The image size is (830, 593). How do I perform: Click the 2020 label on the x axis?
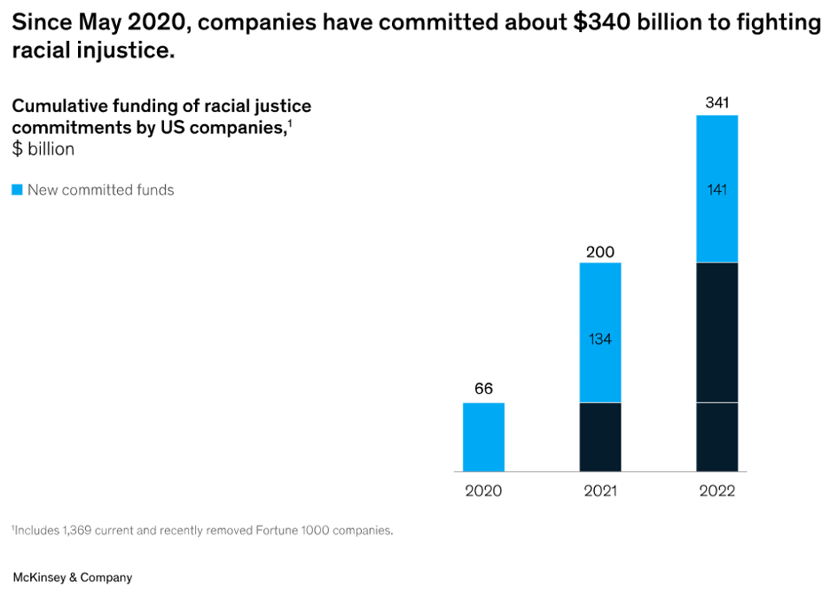(x=483, y=491)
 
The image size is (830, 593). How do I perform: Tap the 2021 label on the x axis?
(x=600, y=491)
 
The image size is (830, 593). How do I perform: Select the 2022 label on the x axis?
(x=716, y=491)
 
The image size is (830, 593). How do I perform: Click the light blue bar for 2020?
(x=483, y=437)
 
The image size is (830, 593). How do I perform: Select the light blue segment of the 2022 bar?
(x=716, y=160)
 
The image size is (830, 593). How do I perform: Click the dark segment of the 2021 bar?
(x=600, y=437)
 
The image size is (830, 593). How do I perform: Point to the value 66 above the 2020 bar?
(x=483, y=389)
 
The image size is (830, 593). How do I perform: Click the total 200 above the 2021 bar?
(x=600, y=253)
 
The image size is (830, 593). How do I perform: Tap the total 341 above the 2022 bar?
(x=716, y=103)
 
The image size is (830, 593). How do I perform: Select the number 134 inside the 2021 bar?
(x=600, y=339)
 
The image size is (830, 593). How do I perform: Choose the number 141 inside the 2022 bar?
(x=716, y=189)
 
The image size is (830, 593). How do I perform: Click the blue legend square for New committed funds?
(x=17, y=190)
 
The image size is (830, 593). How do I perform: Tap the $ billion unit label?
(x=43, y=149)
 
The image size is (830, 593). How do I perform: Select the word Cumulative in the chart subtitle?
(x=56, y=107)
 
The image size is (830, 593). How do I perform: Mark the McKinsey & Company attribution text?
(x=72, y=577)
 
